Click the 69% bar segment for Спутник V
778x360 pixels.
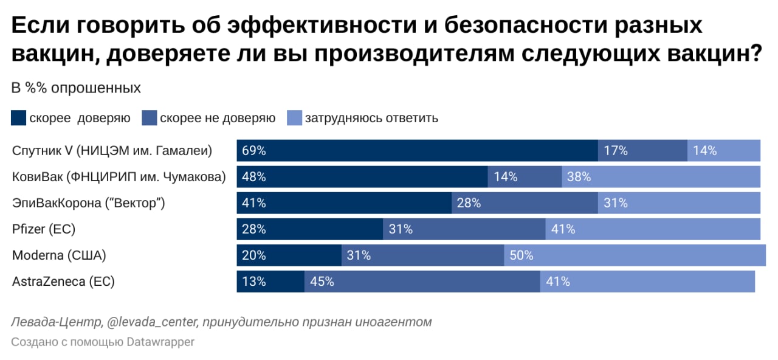point(417,150)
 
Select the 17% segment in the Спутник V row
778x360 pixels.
point(642,150)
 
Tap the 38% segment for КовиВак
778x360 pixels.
point(661,177)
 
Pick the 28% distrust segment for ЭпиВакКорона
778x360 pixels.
point(525,203)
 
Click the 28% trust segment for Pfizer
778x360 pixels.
point(309,229)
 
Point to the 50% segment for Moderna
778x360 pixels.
point(635,255)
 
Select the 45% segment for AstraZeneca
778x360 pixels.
point(422,282)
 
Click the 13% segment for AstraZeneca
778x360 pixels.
point(270,282)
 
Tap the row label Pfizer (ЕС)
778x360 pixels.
point(43,229)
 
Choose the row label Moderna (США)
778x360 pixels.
point(59,255)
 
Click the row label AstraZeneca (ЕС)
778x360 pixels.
point(63,282)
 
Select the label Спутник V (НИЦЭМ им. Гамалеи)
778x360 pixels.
point(112,150)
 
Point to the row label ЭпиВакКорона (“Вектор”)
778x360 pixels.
point(89,203)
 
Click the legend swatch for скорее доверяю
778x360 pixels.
point(19,118)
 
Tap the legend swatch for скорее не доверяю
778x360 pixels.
point(150,118)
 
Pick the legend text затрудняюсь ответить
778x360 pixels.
point(371,118)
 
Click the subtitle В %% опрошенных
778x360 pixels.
point(76,88)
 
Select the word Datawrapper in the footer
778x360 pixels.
point(160,342)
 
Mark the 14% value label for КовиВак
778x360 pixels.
point(506,177)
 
